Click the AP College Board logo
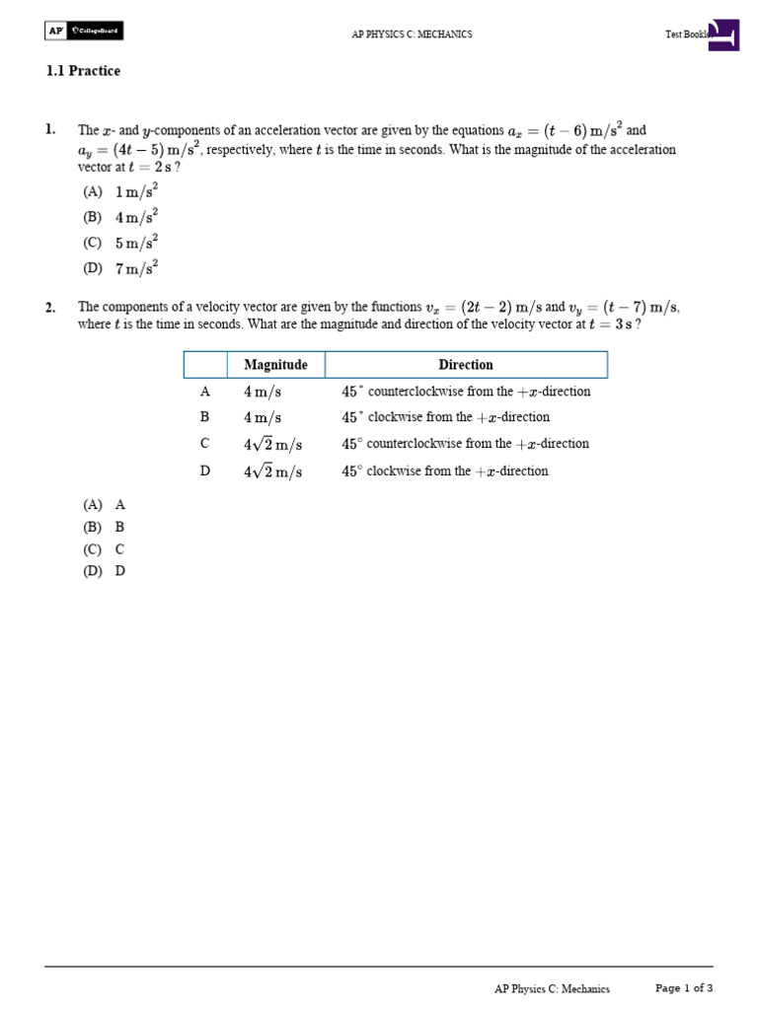tap(84, 32)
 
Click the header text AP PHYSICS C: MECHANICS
tap(412, 35)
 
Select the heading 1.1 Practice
tap(83, 71)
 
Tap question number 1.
tap(49, 130)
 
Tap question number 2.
tap(49, 308)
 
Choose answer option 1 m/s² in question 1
tap(120, 191)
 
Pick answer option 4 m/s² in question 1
tap(120, 217)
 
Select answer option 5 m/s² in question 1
tap(120, 243)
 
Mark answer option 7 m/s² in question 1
tap(120, 268)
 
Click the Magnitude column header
tap(275, 365)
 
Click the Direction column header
tap(466, 365)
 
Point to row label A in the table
tap(205, 392)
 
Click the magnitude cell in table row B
tap(263, 418)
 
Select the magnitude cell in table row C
tap(272, 445)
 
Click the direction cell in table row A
tap(466, 392)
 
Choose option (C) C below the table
tap(104, 549)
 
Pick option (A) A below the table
tap(104, 504)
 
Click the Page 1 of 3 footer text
tap(684, 988)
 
